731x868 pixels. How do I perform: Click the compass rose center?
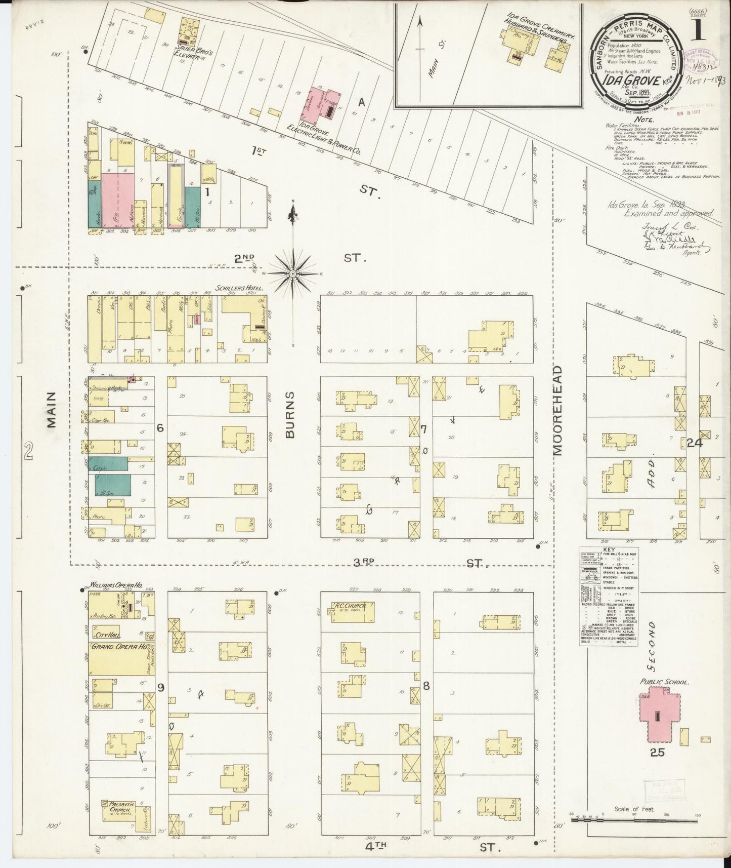293,273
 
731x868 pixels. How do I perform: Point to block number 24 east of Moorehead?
695,443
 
